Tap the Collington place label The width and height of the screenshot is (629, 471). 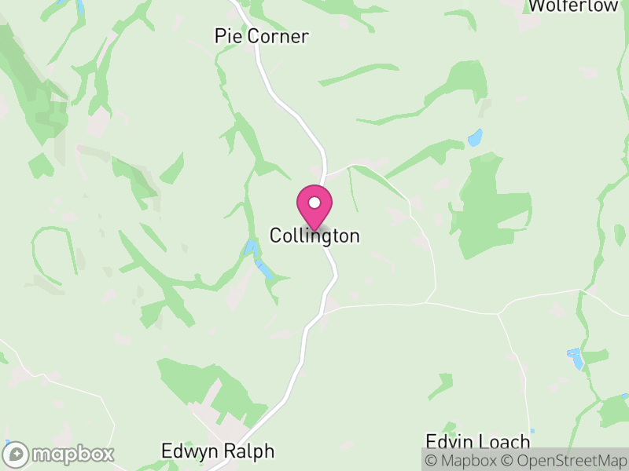tap(314, 235)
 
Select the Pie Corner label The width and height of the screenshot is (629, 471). tap(262, 36)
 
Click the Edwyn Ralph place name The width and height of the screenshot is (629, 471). tap(218, 451)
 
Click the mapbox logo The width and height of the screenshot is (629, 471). tap(60, 454)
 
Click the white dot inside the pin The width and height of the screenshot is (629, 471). tap(314, 203)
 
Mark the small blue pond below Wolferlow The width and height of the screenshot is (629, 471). tap(475, 137)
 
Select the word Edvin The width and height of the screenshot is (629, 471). tap(449, 440)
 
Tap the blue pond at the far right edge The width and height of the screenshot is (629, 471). tap(576, 359)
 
